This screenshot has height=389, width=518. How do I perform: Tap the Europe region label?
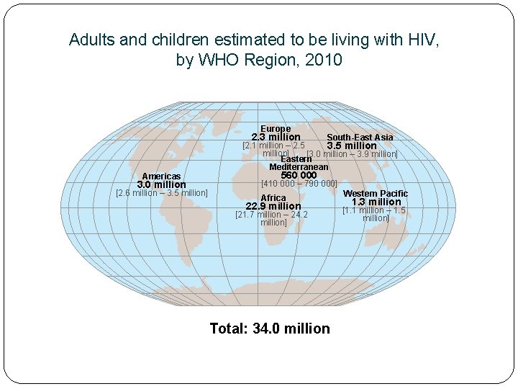276,129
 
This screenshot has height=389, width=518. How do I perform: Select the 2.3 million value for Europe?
276,137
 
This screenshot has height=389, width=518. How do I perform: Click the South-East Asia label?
360,137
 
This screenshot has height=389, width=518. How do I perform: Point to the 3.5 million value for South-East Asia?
352,146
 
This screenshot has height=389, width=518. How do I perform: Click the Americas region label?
161,176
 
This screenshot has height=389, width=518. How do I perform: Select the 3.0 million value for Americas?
161,185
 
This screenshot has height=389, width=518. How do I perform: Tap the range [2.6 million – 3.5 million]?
162,193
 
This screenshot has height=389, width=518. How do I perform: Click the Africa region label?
273,198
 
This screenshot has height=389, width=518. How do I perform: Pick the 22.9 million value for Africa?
273,207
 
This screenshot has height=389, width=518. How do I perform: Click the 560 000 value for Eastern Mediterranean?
299,175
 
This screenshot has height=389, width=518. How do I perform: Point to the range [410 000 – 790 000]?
299,184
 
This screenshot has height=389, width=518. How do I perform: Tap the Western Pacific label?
375,194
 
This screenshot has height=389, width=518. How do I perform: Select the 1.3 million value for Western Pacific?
376,202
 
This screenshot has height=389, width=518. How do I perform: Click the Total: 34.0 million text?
270,328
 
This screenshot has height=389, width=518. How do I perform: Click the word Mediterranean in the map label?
299,167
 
